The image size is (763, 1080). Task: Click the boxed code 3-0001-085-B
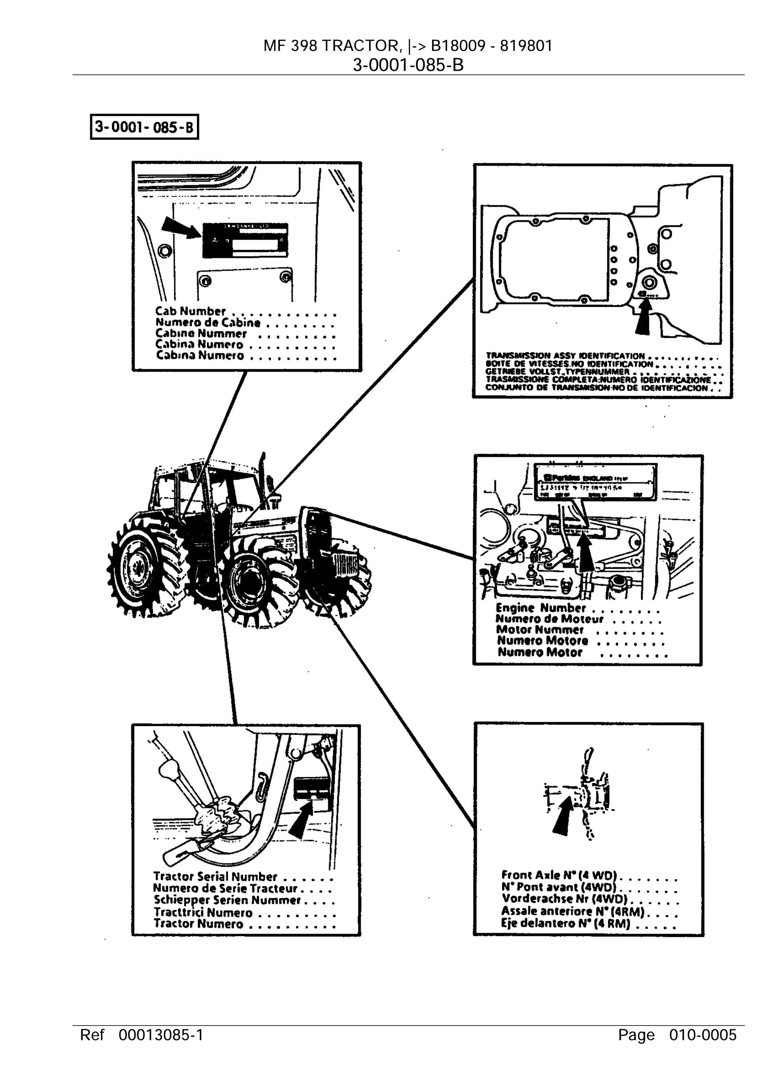click(x=144, y=127)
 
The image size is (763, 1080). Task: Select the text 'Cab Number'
click(x=190, y=311)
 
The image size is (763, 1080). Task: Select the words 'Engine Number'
click(x=541, y=608)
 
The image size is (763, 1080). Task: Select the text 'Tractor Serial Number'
click(x=215, y=877)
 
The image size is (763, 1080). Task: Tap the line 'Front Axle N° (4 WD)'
click(x=559, y=875)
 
